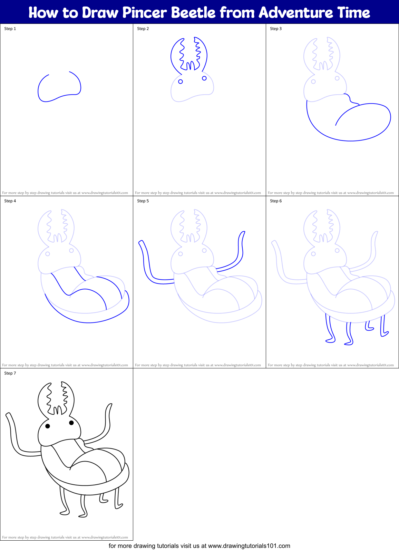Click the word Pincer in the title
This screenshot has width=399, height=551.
(145, 13)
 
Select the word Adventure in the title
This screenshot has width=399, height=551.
(295, 13)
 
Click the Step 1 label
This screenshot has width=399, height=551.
(10, 29)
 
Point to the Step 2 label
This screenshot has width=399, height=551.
(143, 29)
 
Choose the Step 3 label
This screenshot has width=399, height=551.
(276, 29)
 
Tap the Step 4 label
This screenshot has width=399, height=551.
(10, 201)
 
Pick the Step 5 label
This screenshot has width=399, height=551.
(143, 201)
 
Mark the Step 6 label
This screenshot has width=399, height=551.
(276, 201)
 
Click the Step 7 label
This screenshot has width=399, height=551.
(10, 373)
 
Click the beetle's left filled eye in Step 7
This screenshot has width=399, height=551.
(48, 426)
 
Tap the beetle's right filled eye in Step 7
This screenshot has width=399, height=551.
(71, 423)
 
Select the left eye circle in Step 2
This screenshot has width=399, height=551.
(181, 81)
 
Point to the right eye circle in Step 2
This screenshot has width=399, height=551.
(204, 78)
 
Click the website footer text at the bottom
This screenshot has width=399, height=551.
(199, 546)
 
